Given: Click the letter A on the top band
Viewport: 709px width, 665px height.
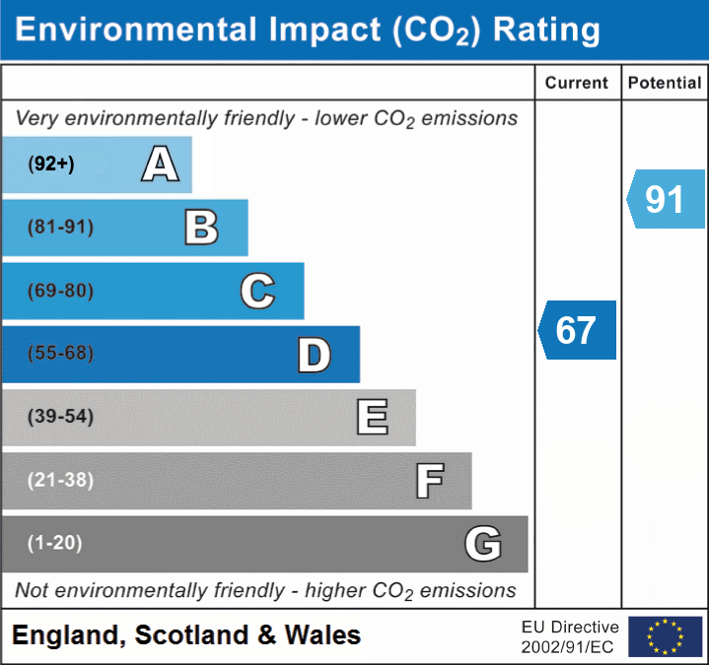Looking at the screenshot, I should [x=160, y=165].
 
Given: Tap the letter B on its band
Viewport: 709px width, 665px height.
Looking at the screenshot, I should [x=201, y=228].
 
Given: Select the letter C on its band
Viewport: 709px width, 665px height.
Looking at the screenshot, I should [x=257, y=291].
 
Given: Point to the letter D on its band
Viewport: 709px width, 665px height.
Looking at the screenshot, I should [x=314, y=355].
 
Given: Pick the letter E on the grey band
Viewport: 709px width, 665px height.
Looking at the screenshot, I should [x=372, y=418].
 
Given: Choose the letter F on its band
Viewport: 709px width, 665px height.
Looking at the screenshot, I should [x=429, y=481].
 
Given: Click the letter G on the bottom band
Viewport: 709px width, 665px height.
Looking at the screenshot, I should [x=483, y=543].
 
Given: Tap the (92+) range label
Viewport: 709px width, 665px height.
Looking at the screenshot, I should [x=51, y=165].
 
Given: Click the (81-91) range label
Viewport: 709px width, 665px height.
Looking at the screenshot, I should [x=61, y=228].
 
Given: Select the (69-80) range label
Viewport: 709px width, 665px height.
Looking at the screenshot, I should [x=61, y=291].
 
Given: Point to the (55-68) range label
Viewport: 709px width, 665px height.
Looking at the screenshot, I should [x=61, y=354].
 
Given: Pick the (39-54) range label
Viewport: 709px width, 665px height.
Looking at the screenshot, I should [x=61, y=417].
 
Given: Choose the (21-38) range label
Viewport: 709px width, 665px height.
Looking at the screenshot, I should [x=61, y=480].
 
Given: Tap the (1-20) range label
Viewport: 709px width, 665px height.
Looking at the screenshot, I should [x=55, y=543].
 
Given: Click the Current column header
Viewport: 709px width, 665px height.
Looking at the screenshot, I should [x=577, y=84].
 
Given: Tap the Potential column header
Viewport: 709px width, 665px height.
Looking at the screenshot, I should [x=665, y=84].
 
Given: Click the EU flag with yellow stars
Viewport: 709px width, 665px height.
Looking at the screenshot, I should [x=665, y=636].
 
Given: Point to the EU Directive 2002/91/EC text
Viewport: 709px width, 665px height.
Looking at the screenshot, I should [x=570, y=636].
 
